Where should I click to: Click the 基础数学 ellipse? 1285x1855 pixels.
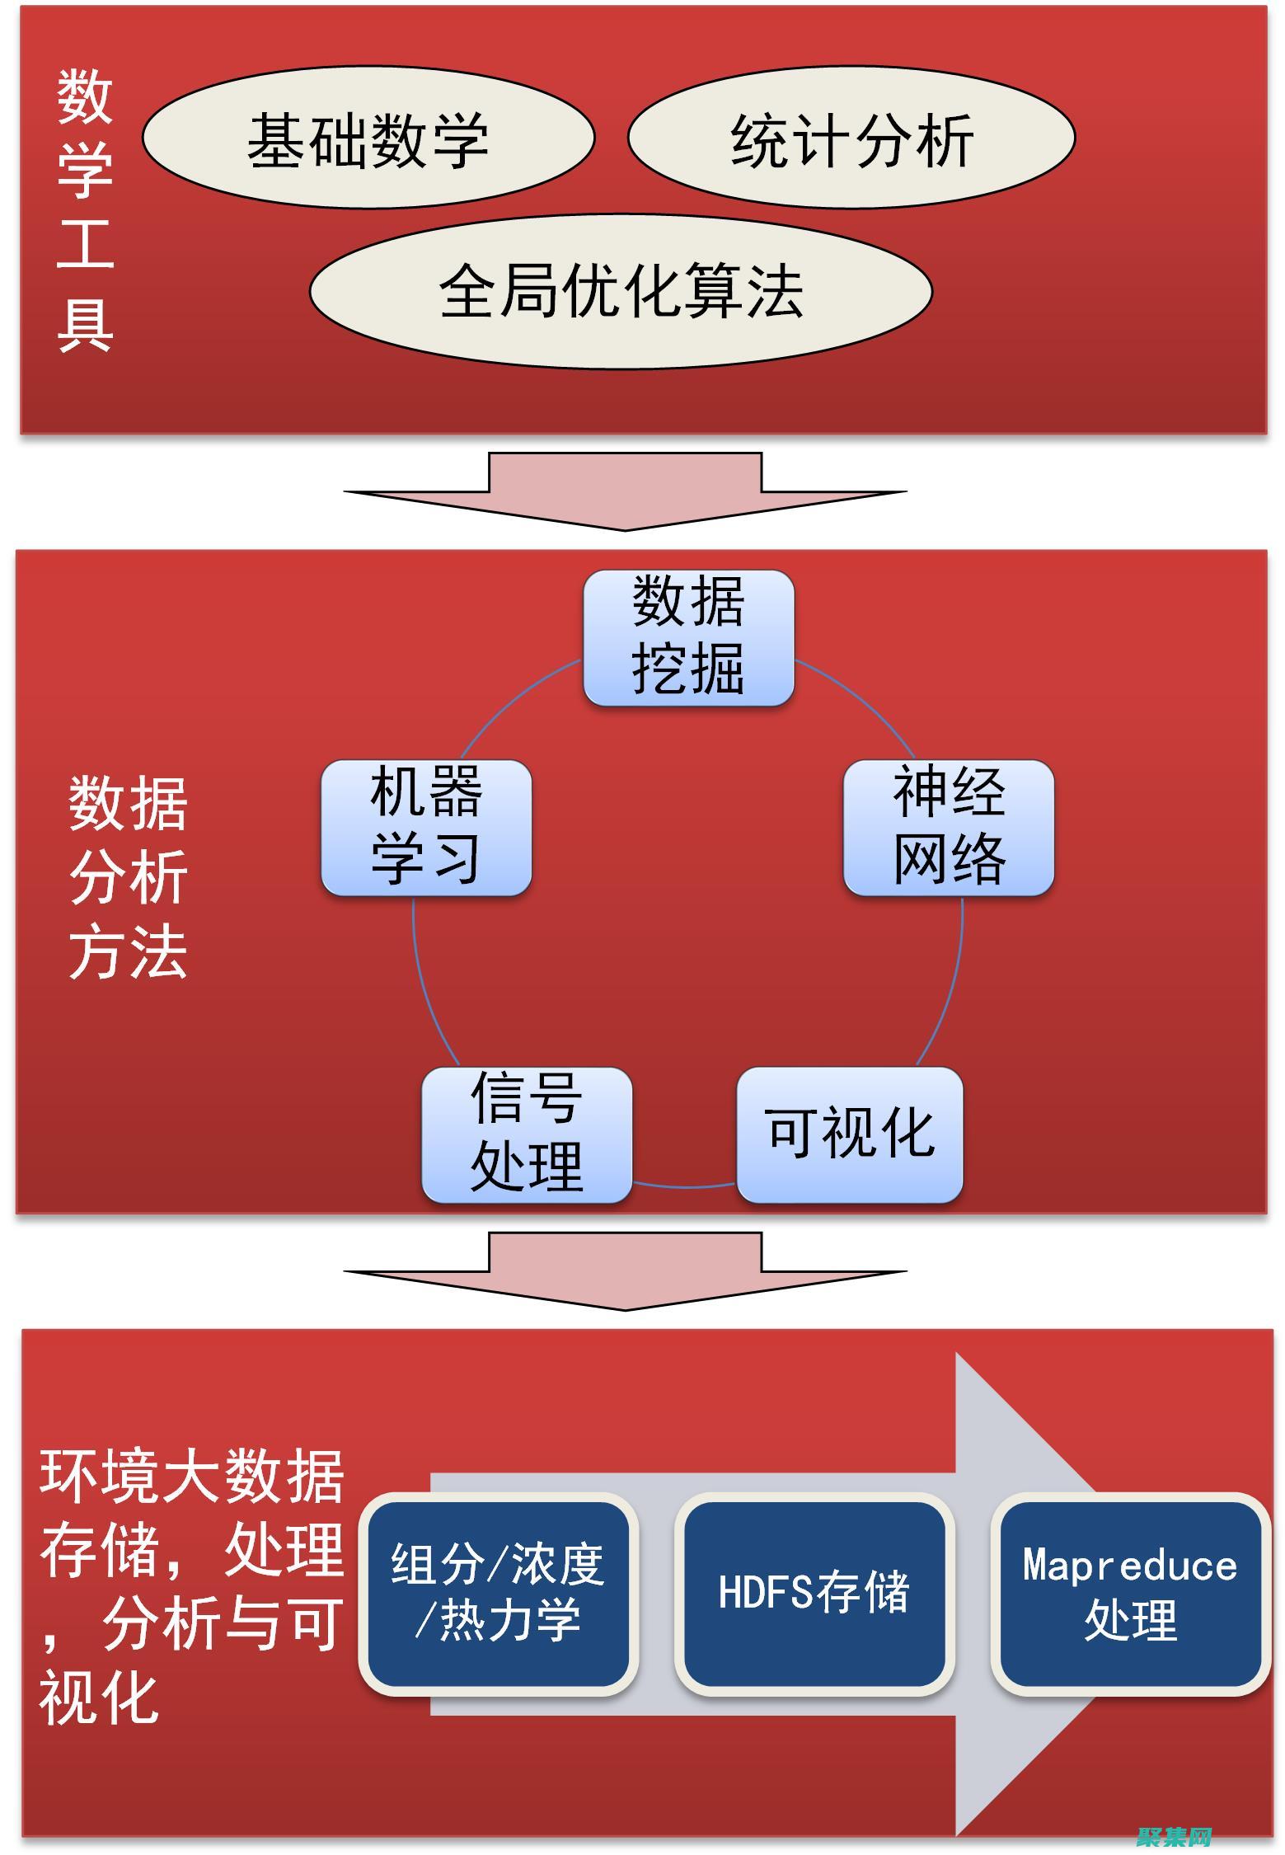click(x=368, y=139)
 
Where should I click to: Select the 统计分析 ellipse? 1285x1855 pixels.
click(x=851, y=139)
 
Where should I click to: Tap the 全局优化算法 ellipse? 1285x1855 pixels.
click(x=621, y=292)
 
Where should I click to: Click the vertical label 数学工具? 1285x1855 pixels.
click(x=84, y=210)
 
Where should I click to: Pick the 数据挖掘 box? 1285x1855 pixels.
click(x=688, y=638)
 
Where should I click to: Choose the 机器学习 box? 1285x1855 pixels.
click(x=426, y=828)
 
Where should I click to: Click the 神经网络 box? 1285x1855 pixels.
click(x=949, y=828)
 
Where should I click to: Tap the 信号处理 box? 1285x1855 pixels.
click(x=527, y=1134)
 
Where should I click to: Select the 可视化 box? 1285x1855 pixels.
click(x=850, y=1134)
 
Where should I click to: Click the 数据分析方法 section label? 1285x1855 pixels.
click(x=128, y=878)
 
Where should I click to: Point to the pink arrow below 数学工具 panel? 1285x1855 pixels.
click(x=625, y=491)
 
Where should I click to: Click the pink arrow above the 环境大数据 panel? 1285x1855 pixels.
click(x=625, y=1270)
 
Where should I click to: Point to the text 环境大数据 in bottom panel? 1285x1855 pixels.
click(x=191, y=1477)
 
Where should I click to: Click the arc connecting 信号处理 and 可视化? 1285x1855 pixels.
click(x=684, y=1186)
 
